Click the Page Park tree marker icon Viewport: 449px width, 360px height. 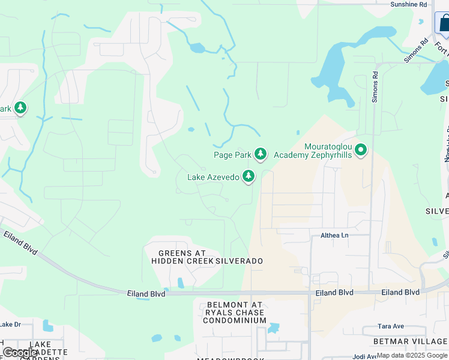(x=260, y=154)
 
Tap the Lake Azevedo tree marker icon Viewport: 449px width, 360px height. (x=248, y=176)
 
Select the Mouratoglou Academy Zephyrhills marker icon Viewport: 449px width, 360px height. (x=360, y=150)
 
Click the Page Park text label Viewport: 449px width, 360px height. (x=232, y=155)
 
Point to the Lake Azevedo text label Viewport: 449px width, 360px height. (x=212, y=177)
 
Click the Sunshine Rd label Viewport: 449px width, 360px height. (x=408, y=4)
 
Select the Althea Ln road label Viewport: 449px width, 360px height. (x=334, y=235)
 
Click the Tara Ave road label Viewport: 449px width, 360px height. (x=390, y=326)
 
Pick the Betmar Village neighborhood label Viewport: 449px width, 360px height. (x=410, y=341)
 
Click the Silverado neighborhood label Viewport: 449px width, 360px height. (x=240, y=262)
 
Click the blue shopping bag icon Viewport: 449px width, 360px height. (x=443, y=23)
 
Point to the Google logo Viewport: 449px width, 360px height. (x=20, y=353)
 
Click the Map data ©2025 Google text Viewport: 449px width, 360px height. (x=412, y=356)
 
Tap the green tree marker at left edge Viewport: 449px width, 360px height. (x=20, y=108)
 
